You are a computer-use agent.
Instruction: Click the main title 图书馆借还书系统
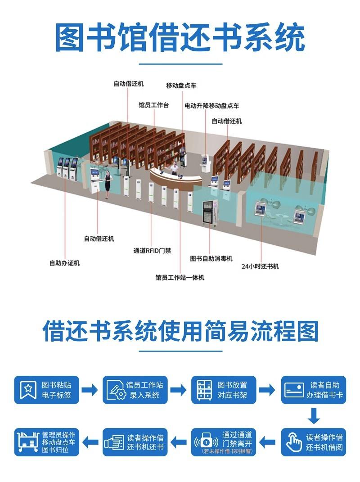(180, 38)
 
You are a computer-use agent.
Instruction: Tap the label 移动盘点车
(181, 86)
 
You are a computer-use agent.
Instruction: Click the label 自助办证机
(64, 263)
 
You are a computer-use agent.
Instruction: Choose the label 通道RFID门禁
(152, 251)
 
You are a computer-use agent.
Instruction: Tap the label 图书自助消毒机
(211, 259)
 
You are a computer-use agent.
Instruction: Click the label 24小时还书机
(260, 266)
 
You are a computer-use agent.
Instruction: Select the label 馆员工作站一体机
(180, 278)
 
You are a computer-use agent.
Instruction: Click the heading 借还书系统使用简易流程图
(180, 332)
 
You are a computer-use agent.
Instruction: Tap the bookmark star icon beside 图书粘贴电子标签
(29, 390)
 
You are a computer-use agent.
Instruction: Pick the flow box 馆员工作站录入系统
(135, 390)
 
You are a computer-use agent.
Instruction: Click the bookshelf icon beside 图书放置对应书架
(204, 390)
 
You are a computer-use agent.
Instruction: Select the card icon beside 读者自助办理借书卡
(294, 390)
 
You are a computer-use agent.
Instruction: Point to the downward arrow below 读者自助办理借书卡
(314, 415)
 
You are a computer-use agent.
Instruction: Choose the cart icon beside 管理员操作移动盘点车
(28, 442)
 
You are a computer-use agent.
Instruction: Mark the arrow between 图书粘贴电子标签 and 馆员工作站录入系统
(90, 390)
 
